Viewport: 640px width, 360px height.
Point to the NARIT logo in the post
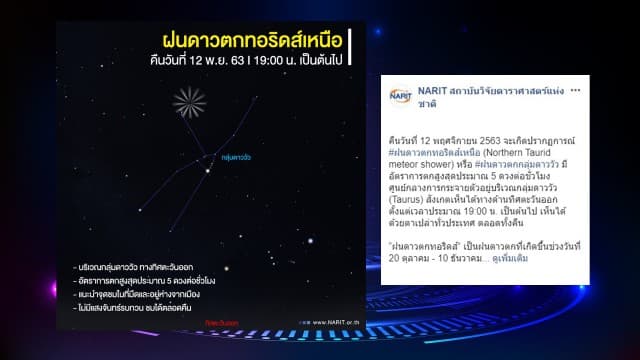pyautogui.click(x=400, y=95)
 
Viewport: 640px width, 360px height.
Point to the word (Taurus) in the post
pyautogui.click(x=412, y=199)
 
